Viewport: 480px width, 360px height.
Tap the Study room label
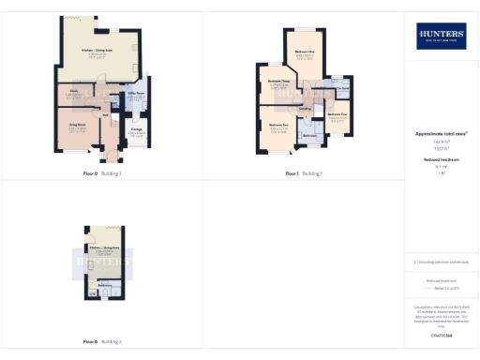point(73,91)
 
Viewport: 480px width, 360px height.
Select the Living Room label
point(78,124)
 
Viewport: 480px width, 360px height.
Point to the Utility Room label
point(135,94)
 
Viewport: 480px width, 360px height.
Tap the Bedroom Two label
point(277,125)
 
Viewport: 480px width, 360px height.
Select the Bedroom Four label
point(338,114)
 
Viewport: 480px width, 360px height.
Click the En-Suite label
point(344,88)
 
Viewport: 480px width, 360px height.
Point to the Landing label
point(305,109)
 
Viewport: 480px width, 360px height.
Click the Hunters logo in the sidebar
point(441,36)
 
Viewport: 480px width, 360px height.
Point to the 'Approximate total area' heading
point(441,134)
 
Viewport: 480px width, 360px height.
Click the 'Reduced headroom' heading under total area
point(441,160)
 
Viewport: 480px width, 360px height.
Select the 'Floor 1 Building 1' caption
point(304,173)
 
